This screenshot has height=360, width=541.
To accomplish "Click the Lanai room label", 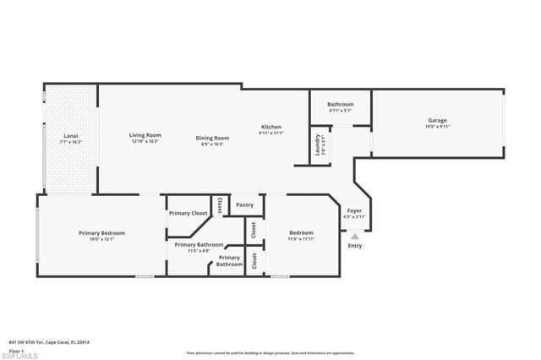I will tap(70, 135).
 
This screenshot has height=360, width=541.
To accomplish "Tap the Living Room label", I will tap(145, 135).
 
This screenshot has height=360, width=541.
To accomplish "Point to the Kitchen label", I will tap(270, 127).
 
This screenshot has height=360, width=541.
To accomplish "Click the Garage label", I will tap(437, 120).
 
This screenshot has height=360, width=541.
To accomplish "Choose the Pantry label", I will tap(245, 205).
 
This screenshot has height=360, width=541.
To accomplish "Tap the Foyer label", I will tap(355, 211).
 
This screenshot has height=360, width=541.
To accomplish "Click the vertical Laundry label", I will tap(318, 144).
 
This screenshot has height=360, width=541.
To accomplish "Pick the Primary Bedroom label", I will tap(102, 232).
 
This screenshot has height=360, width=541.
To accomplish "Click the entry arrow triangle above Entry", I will tap(354, 237).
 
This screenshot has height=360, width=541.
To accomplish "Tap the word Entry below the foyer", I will tap(355, 246).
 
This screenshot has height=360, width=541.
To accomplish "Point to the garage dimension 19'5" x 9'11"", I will tap(437, 127).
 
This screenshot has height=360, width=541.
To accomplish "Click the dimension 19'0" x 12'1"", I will tap(102, 239).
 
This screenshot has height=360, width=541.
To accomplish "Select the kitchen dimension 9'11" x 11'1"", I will tap(270, 133).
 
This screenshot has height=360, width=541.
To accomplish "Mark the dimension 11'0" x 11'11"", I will tap(302, 239).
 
